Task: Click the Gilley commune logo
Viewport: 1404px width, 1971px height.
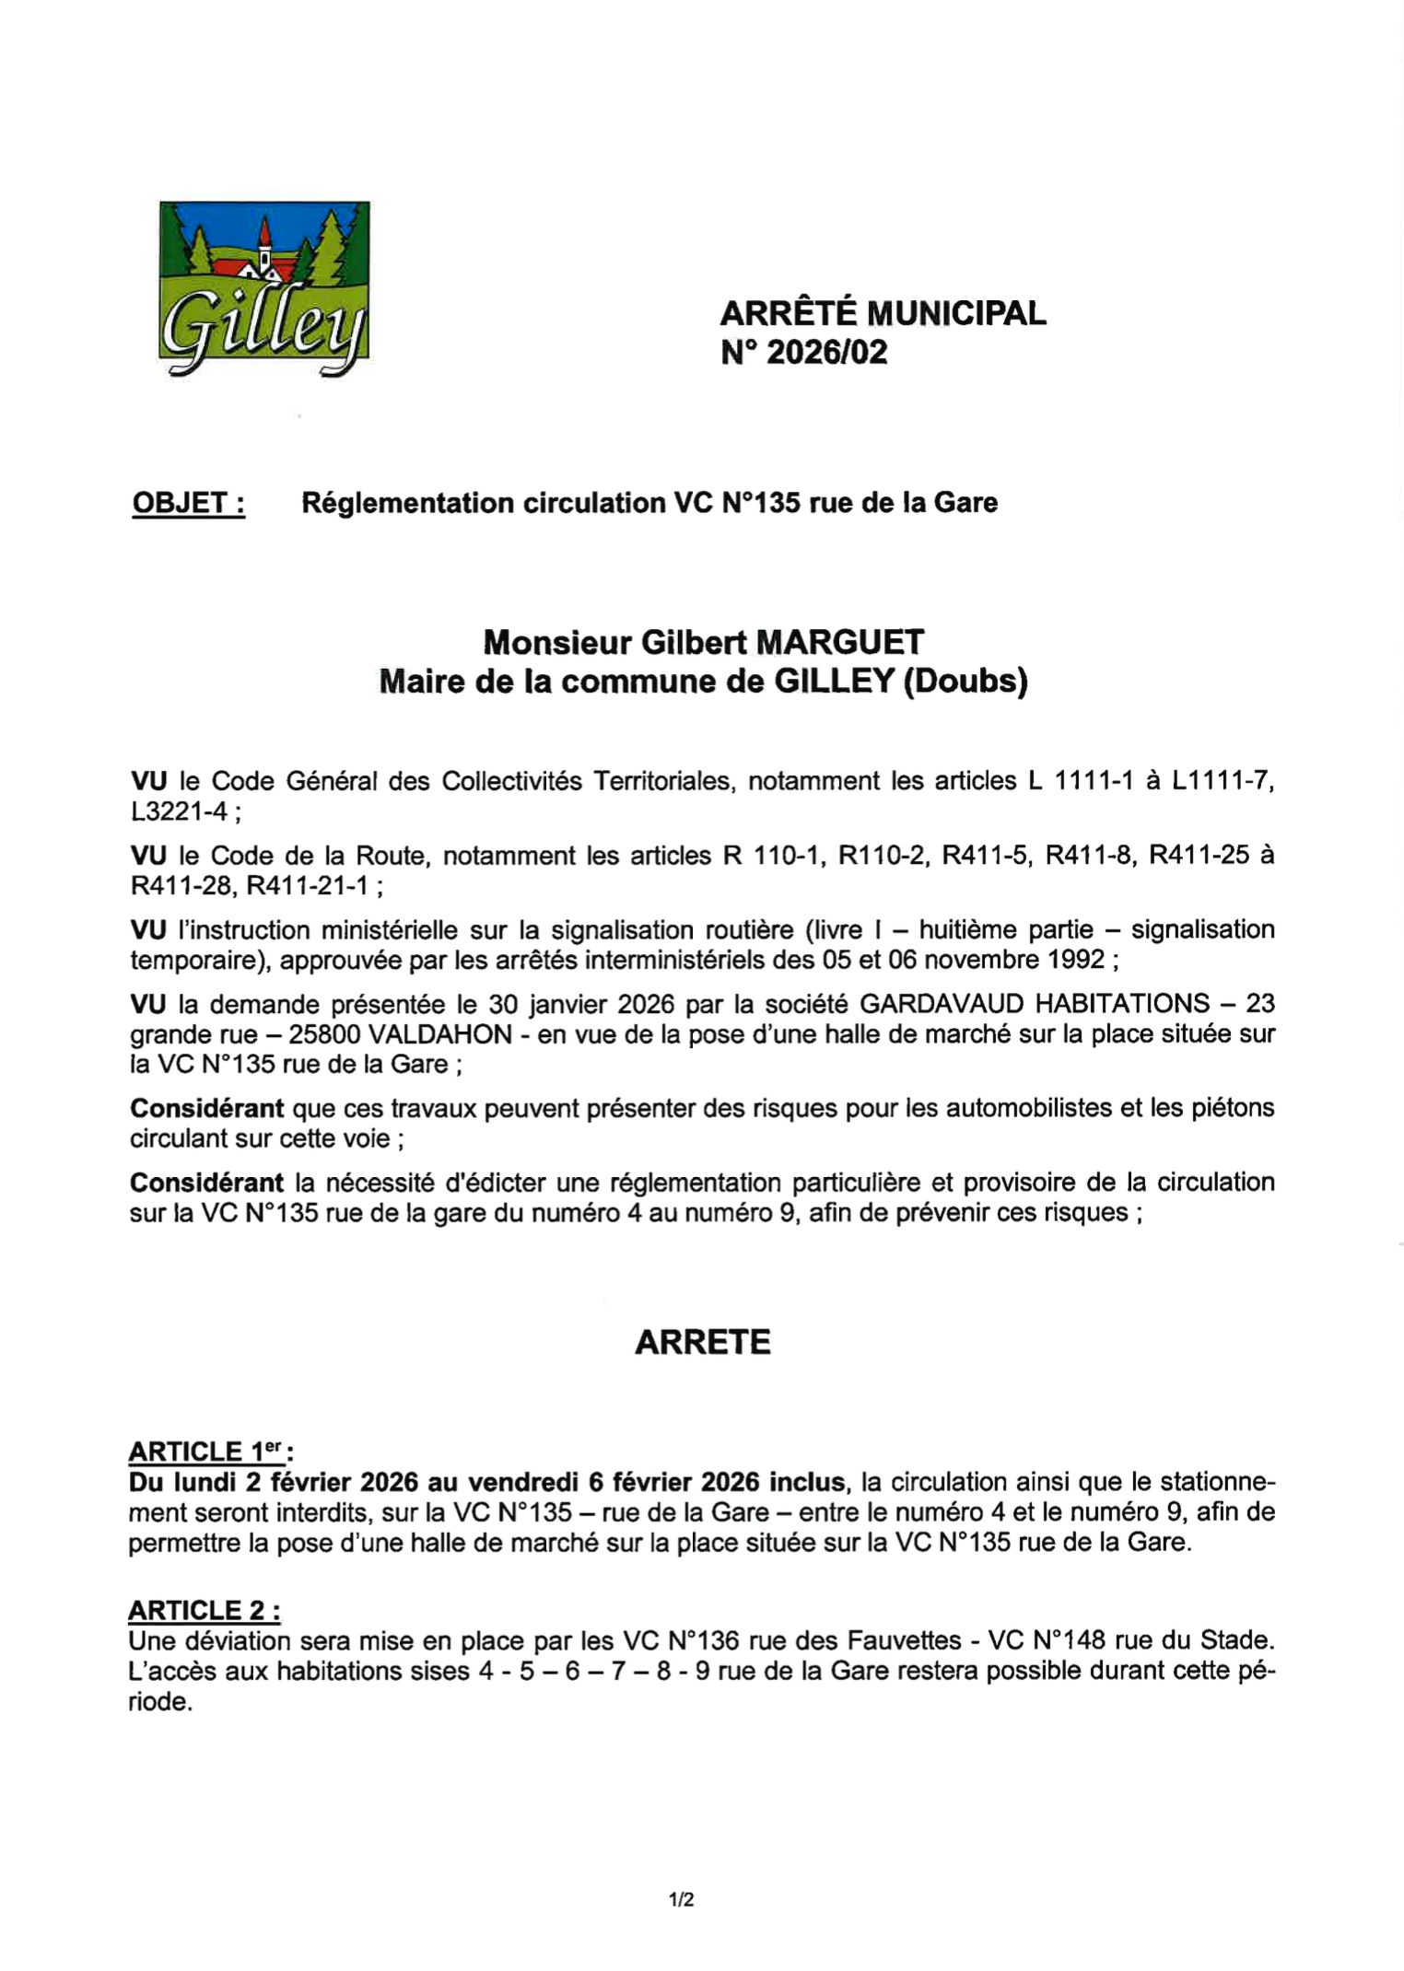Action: click(x=264, y=287)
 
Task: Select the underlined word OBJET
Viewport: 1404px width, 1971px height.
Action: click(x=189, y=503)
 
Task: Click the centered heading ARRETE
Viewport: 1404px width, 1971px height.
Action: click(x=702, y=1342)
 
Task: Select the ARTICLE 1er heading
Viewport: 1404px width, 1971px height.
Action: click(x=211, y=1452)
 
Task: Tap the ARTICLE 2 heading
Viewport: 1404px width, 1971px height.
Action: click(x=205, y=1610)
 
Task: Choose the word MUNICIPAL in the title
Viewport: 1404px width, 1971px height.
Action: click(x=956, y=313)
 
